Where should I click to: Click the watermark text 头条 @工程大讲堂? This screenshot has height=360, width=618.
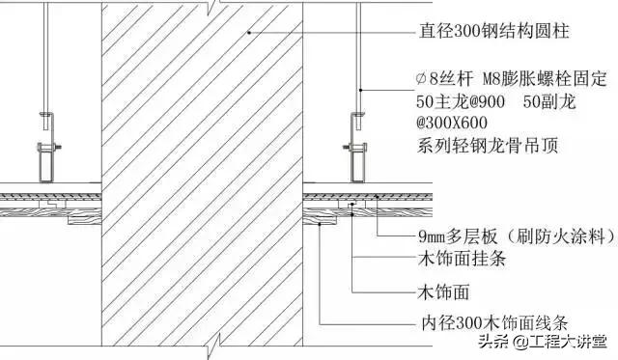545,341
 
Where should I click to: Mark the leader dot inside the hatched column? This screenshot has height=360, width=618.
248,33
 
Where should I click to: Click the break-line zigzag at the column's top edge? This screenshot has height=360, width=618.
222,5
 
